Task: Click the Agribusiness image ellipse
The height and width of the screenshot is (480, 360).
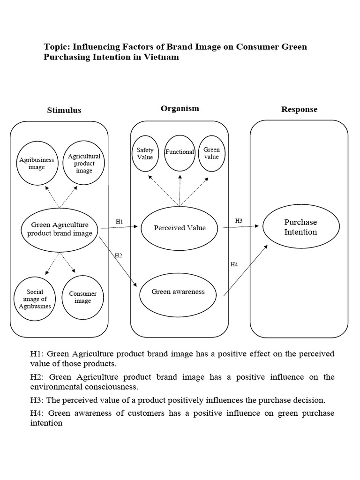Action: [37, 163]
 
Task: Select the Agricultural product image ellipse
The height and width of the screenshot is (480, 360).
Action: [84, 163]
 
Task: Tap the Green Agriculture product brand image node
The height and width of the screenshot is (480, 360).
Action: [60, 229]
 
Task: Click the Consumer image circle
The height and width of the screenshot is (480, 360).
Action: [82, 297]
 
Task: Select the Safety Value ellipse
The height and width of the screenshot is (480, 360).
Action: [145, 154]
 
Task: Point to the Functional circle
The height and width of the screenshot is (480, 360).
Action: [180, 152]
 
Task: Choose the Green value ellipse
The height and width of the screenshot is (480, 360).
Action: [211, 154]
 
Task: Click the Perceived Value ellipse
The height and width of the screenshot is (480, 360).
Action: [180, 228]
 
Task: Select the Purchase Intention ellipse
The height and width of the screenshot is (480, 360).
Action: [300, 227]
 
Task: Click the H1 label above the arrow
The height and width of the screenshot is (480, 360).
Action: [119, 221]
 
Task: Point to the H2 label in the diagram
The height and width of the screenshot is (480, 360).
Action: [118, 255]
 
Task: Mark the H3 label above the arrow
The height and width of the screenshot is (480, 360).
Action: [239, 220]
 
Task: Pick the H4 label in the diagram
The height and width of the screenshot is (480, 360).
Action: [234, 264]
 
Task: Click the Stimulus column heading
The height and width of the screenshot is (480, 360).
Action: [64, 110]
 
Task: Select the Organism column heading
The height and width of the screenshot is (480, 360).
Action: [180, 108]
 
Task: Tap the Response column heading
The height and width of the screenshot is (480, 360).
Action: [299, 109]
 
